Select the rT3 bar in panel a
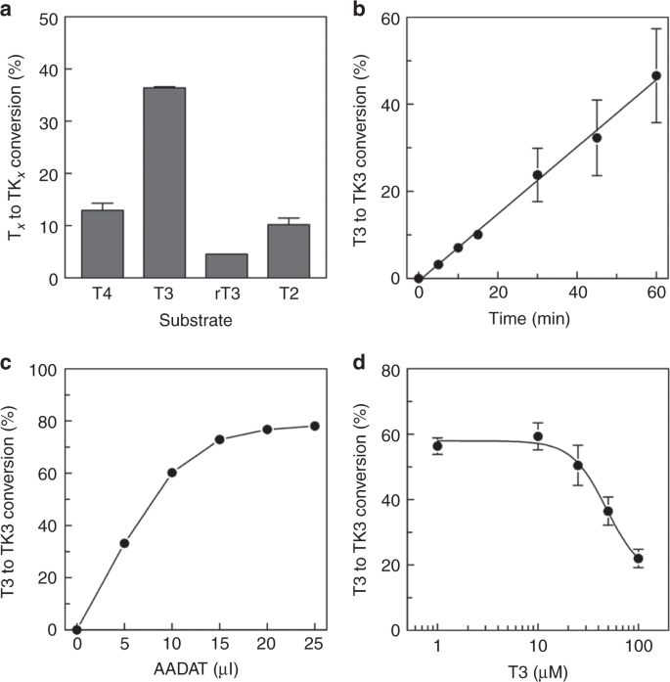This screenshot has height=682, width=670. pos(226,266)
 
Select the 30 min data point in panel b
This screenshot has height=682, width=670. pos(537,175)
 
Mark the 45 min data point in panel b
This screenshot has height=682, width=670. pos(597,138)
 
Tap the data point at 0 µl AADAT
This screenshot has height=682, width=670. pos(76,629)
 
